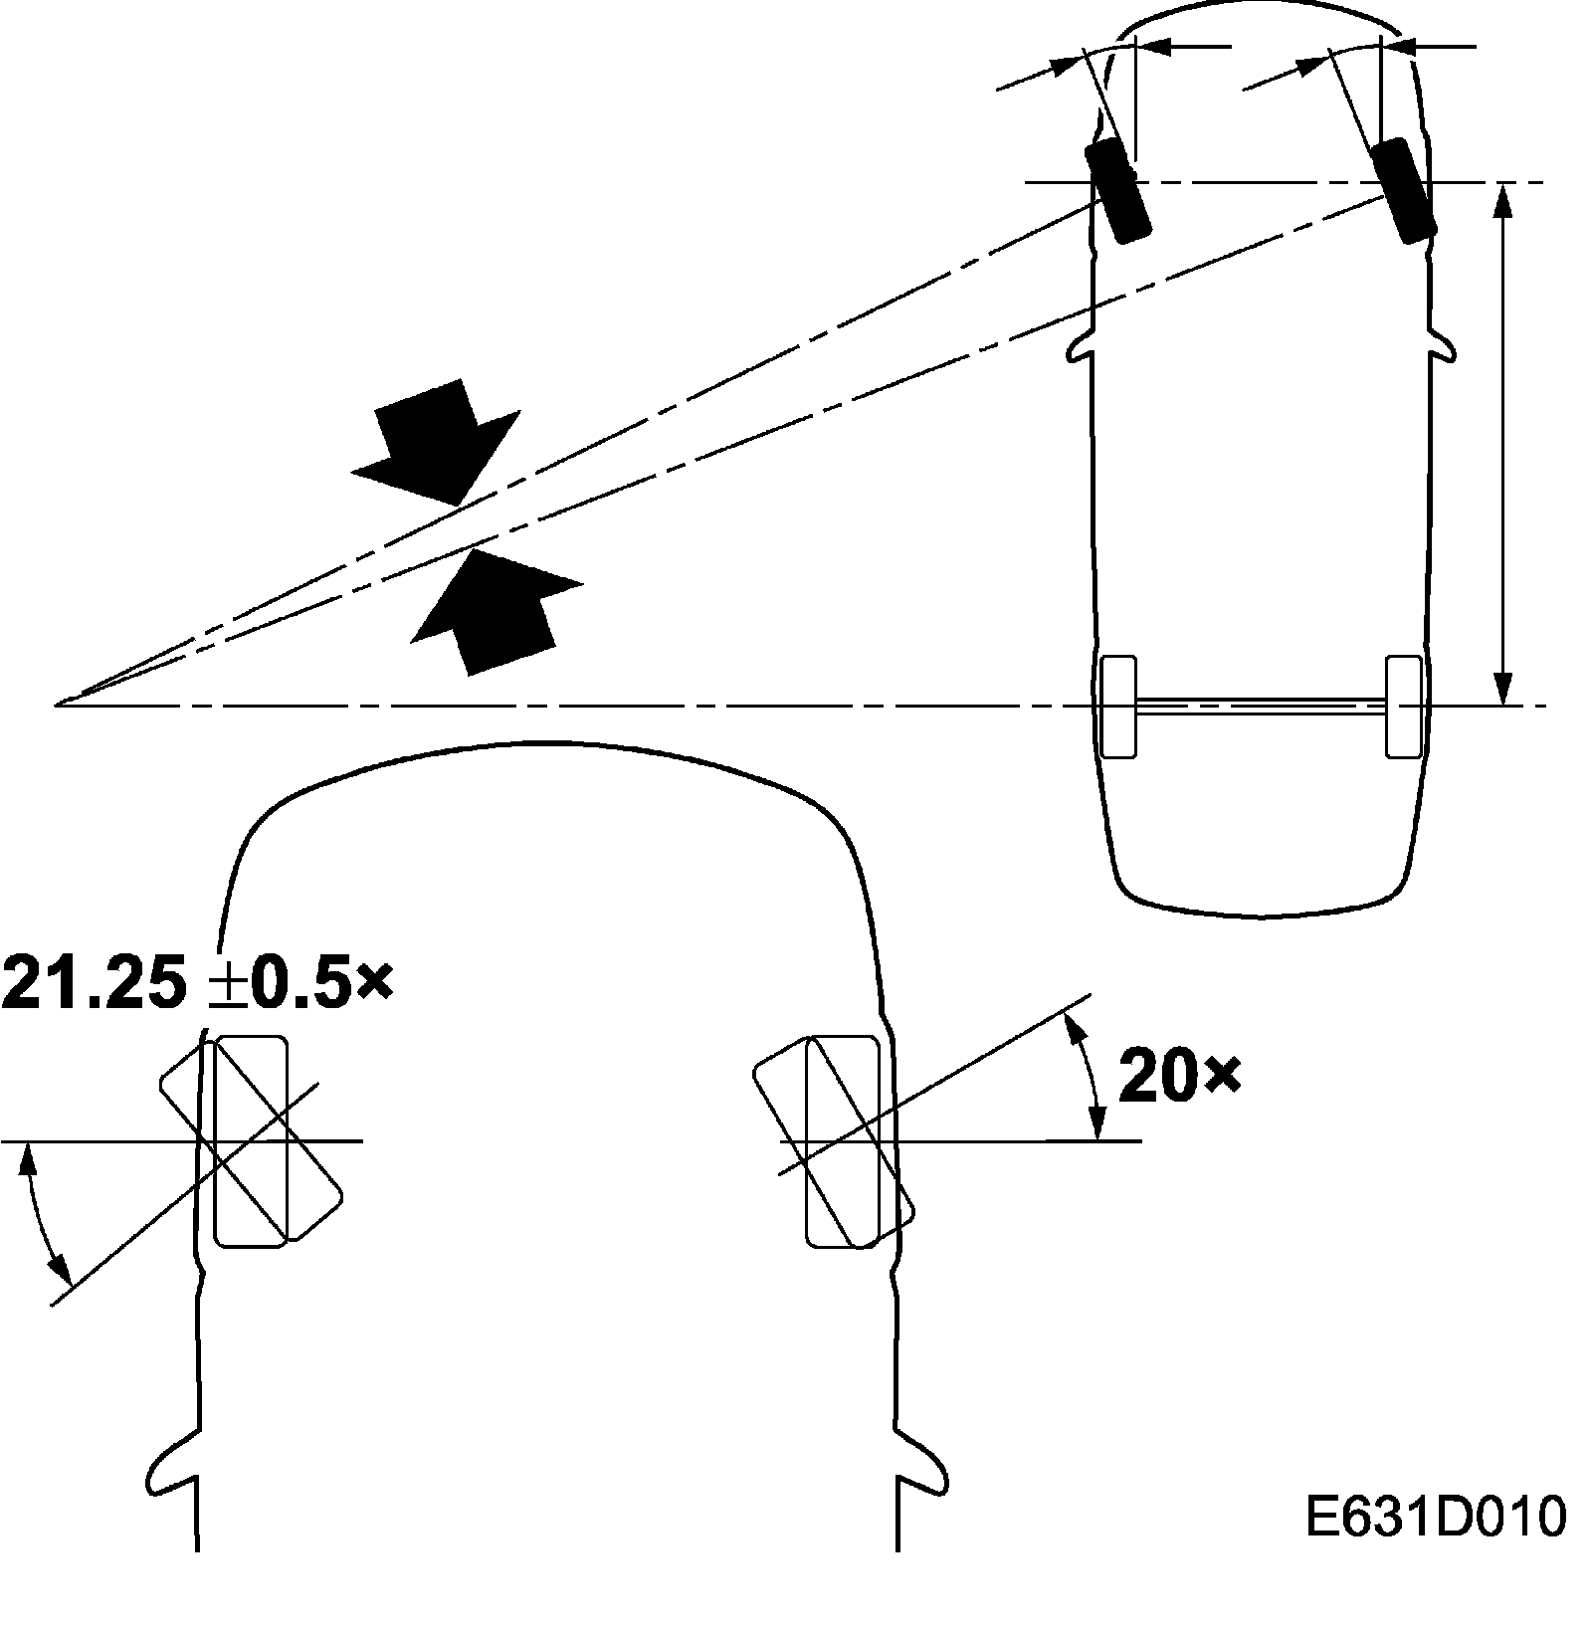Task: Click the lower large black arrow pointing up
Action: point(493,607)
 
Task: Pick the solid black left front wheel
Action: point(1116,191)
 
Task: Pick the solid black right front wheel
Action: point(1403,191)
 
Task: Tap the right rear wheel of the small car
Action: point(1404,706)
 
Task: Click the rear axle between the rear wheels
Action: point(1261,706)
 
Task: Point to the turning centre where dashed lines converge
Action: point(58,704)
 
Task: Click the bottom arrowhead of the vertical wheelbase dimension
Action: point(1504,691)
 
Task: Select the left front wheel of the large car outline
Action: point(251,1140)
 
